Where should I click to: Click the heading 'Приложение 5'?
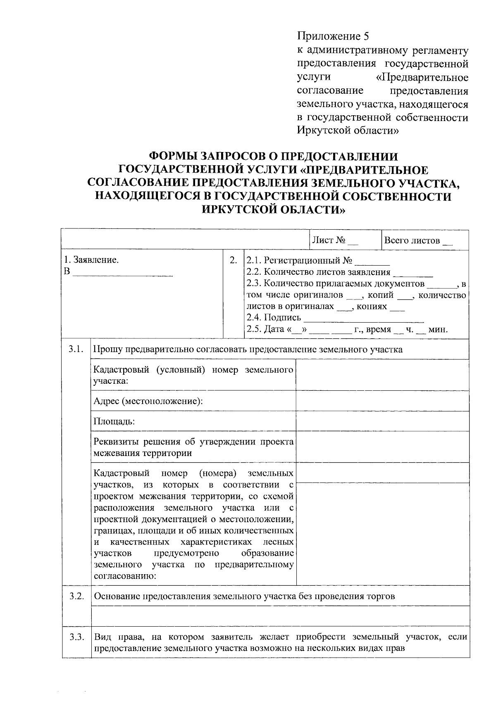[332, 36]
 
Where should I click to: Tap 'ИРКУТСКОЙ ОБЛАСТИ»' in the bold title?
[272, 209]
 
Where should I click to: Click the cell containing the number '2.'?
[234, 260]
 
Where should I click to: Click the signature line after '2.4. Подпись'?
[363, 319]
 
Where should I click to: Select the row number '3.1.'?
[76, 349]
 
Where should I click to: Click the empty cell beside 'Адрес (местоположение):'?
[382, 401]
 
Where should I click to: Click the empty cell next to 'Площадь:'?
[382, 421]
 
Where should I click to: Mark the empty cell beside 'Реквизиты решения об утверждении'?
[382, 447]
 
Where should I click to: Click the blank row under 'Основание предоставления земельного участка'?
[280, 616]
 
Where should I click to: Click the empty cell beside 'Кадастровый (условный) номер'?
[382, 375]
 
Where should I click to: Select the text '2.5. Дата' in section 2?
[265, 330]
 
